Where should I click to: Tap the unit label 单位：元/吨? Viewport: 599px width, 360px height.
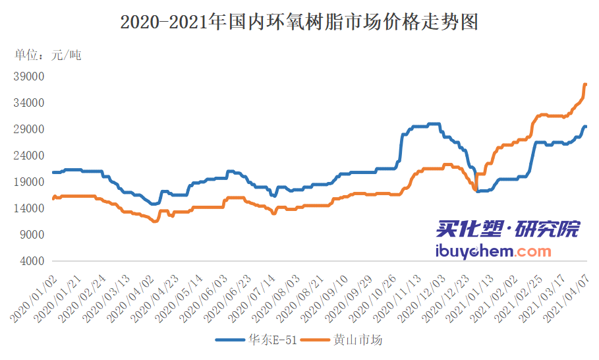[x=48, y=55]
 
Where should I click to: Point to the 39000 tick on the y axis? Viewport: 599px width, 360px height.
[x=28, y=76]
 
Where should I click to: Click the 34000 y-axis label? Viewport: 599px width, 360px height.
[x=28, y=103]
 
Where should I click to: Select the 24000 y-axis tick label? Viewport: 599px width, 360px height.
[x=28, y=156]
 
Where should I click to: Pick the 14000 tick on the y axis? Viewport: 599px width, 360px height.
[x=28, y=208]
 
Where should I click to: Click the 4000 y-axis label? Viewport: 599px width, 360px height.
[x=31, y=261]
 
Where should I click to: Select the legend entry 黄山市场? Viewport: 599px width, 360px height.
[x=358, y=340]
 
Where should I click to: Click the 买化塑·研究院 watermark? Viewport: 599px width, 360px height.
[x=507, y=230]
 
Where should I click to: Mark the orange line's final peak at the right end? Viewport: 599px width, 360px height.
[x=585, y=84]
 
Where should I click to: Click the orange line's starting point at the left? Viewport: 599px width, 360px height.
[x=53, y=198]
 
